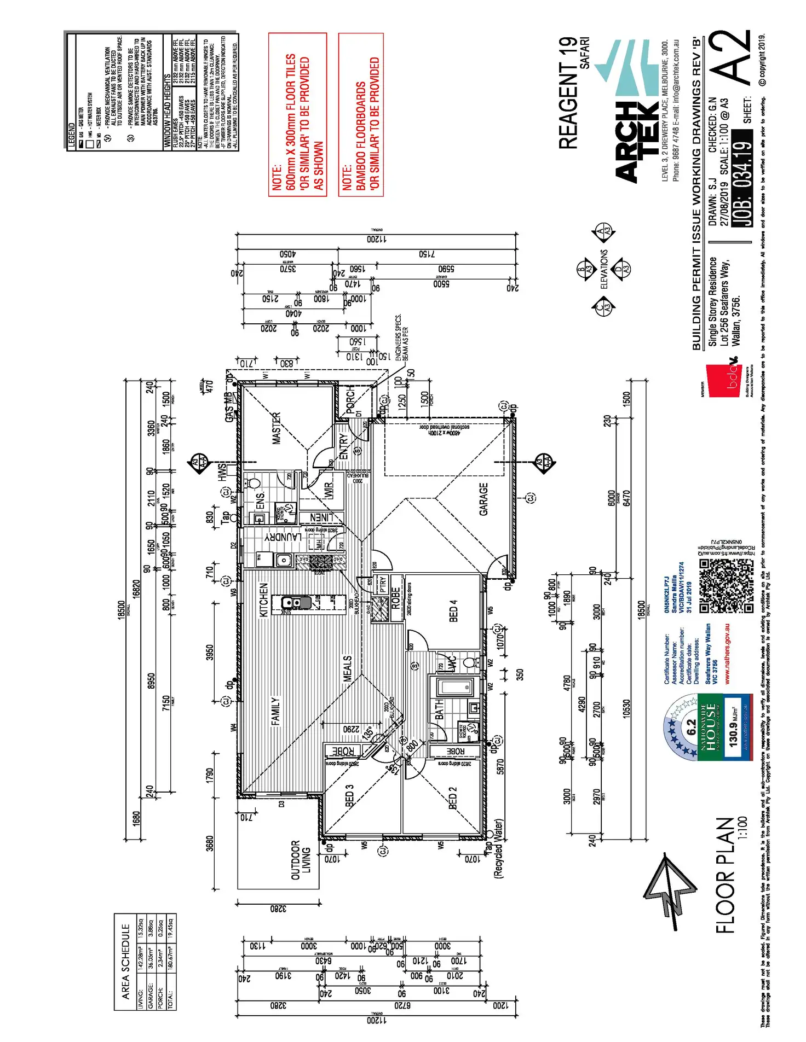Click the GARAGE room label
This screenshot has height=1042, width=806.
483,498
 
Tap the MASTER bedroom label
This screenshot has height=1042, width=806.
277,428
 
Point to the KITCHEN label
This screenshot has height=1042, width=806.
263,600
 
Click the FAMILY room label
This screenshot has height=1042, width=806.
275,711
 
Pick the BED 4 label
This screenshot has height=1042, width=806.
453,610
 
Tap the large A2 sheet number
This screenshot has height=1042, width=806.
732,57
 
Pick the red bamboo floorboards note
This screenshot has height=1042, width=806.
361,114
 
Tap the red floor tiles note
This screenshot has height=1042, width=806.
297,114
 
